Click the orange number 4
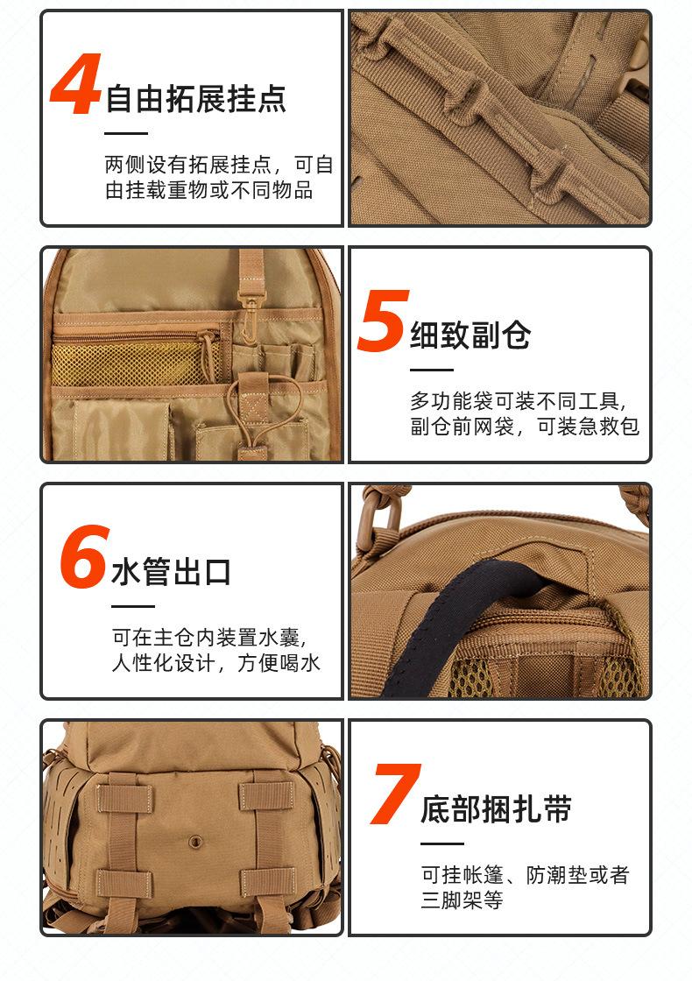point(75,84)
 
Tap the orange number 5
point(383,320)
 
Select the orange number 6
point(84,557)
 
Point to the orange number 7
point(395,794)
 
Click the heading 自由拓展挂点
point(196,99)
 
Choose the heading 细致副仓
point(470,335)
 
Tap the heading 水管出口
point(171,572)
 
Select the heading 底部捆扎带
point(496,808)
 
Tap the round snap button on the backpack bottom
point(196,841)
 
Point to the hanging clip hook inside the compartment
point(251,319)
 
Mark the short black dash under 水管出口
point(132,606)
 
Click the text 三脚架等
point(462,900)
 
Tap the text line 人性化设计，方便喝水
point(215,663)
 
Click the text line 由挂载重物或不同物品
point(209,189)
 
